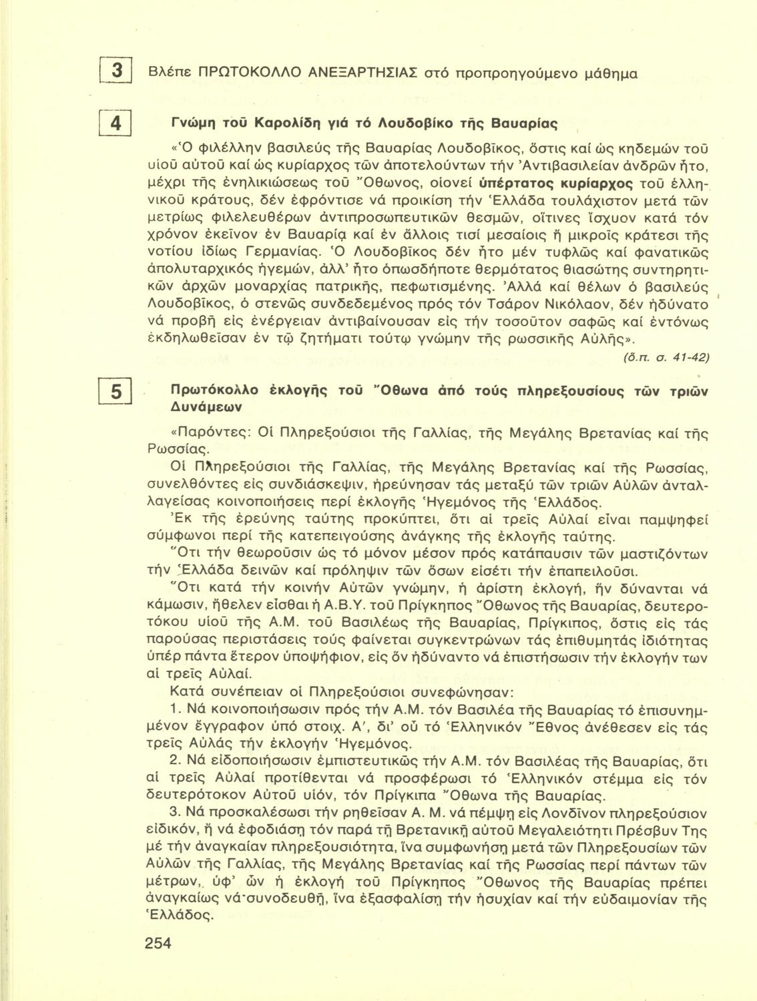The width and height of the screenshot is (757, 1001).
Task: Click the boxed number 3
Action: tap(116, 72)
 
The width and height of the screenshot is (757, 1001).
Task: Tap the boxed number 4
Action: tap(116, 125)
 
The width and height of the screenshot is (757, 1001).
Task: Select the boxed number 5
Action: tap(116, 393)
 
